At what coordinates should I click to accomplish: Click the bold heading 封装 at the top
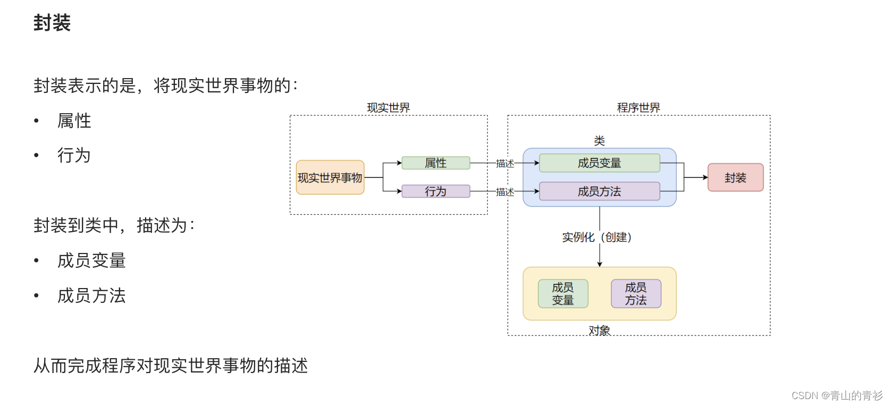(52, 23)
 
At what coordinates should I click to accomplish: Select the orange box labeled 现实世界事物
(330, 177)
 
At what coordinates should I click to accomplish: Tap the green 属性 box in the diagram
(435, 163)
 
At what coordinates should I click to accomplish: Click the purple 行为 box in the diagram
(435, 191)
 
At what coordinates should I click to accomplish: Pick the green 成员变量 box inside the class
(599, 163)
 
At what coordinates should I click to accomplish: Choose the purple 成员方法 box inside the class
(599, 191)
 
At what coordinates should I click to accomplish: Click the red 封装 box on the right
(735, 177)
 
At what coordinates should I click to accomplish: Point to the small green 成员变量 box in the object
(563, 294)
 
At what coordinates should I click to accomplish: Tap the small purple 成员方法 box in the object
(636, 294)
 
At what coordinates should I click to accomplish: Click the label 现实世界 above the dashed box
(388, 108)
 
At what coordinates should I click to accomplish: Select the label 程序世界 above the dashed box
(638, 108)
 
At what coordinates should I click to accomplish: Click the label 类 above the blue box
(599, 141)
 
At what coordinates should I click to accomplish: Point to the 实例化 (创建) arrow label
(596, 237)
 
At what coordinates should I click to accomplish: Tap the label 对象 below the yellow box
(599, 331)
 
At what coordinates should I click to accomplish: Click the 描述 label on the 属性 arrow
(505, 164)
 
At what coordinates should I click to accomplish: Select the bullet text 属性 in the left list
(74, 121)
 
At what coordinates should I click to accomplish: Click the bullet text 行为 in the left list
(74, 155)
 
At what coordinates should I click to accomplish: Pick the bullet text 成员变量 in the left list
(91, 260)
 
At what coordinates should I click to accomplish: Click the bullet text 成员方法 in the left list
(91, 295)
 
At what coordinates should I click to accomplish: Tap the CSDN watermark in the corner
(836, 395)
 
